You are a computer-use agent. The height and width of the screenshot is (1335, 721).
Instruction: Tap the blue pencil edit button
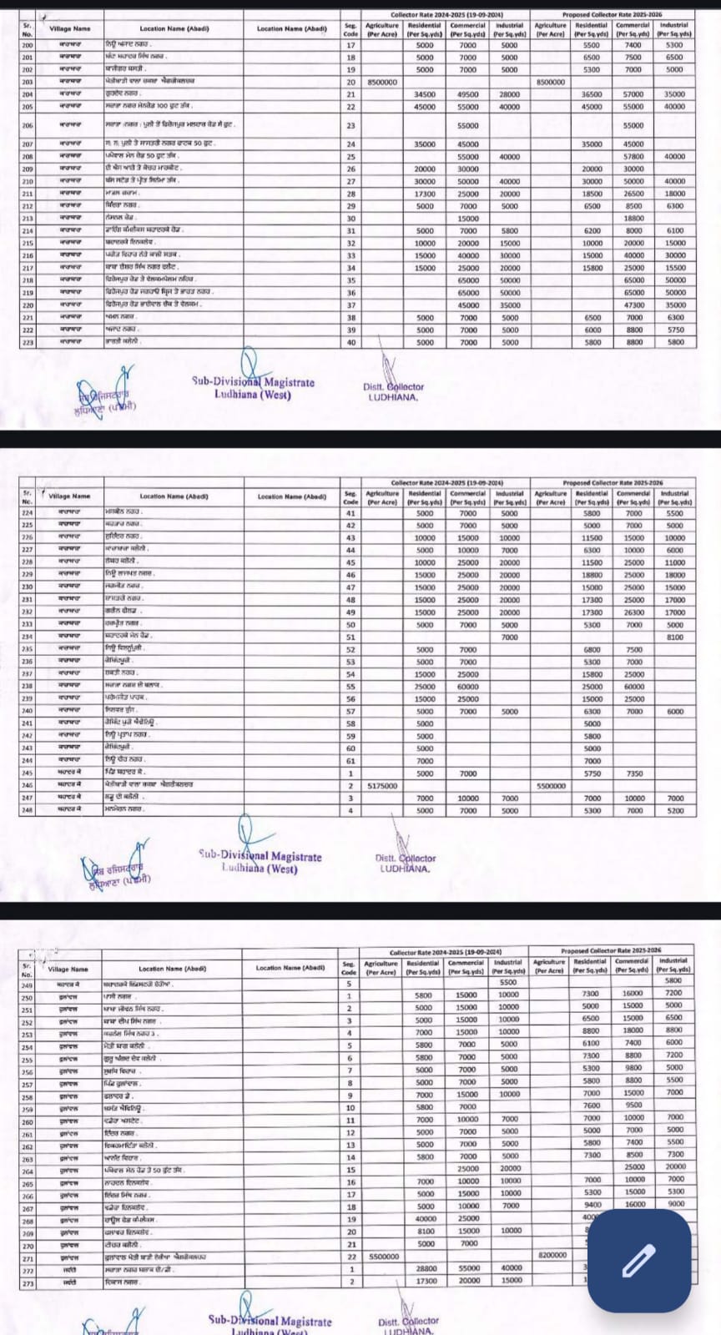pos(638,1260)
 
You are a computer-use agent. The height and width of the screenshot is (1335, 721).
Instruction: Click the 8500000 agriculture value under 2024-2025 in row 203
pos(382,82)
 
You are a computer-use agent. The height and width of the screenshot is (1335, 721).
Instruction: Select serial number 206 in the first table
pos(28,125)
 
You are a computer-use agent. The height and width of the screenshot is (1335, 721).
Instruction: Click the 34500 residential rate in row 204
pos(425,94)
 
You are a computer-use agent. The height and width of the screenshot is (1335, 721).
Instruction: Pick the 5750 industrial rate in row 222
pos(675,330)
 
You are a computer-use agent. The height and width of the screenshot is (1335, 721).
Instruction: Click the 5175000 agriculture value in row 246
pos(382,785)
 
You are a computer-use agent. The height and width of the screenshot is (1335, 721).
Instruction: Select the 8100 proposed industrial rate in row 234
pos(675,637)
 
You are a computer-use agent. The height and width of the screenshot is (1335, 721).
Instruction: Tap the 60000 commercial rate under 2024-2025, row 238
pos(467,686)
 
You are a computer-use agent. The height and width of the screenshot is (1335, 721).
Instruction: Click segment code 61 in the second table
pos(350,760)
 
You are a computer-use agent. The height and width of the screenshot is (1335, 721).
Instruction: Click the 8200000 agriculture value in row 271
pos(550,1255)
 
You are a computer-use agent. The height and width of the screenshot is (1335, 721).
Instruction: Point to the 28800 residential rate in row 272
pos(425,1267)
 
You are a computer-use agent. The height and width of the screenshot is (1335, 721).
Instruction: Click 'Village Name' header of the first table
pos(70,29)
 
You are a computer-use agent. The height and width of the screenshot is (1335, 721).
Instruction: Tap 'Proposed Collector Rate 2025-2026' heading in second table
pos(613,483)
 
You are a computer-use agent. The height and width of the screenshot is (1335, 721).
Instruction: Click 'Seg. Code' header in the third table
pos(349,968)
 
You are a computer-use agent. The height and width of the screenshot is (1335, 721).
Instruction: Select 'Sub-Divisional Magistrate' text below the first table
pos(253,382)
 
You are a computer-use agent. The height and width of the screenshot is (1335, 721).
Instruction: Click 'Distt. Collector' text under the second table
pos(406,858)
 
